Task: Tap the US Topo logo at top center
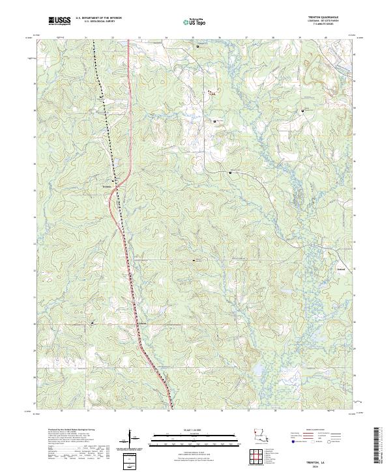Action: [x=195, y=21]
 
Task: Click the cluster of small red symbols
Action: [x=210, y=94]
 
